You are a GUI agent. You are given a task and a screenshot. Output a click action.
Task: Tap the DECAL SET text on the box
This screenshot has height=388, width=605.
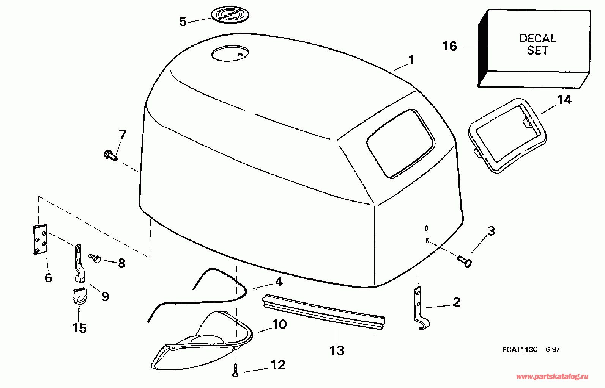click(537, 44)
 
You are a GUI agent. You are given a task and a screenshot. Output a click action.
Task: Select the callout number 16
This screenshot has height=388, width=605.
click(450, 46)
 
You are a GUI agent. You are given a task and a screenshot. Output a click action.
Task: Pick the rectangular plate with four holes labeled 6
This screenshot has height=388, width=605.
click(39, 240)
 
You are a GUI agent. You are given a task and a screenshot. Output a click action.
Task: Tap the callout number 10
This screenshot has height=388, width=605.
click(279, 324)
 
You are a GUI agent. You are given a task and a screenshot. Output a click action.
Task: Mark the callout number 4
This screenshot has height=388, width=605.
click(279, 282)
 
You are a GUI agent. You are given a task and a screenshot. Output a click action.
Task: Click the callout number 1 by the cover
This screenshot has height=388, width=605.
click(411, 60)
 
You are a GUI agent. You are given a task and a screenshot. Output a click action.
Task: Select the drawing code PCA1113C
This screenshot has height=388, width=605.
click(520, 350)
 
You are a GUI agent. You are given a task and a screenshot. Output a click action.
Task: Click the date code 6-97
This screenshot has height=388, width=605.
click(553, 350)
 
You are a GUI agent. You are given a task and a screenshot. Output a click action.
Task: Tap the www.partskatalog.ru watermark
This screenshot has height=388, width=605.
click(553, 377)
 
